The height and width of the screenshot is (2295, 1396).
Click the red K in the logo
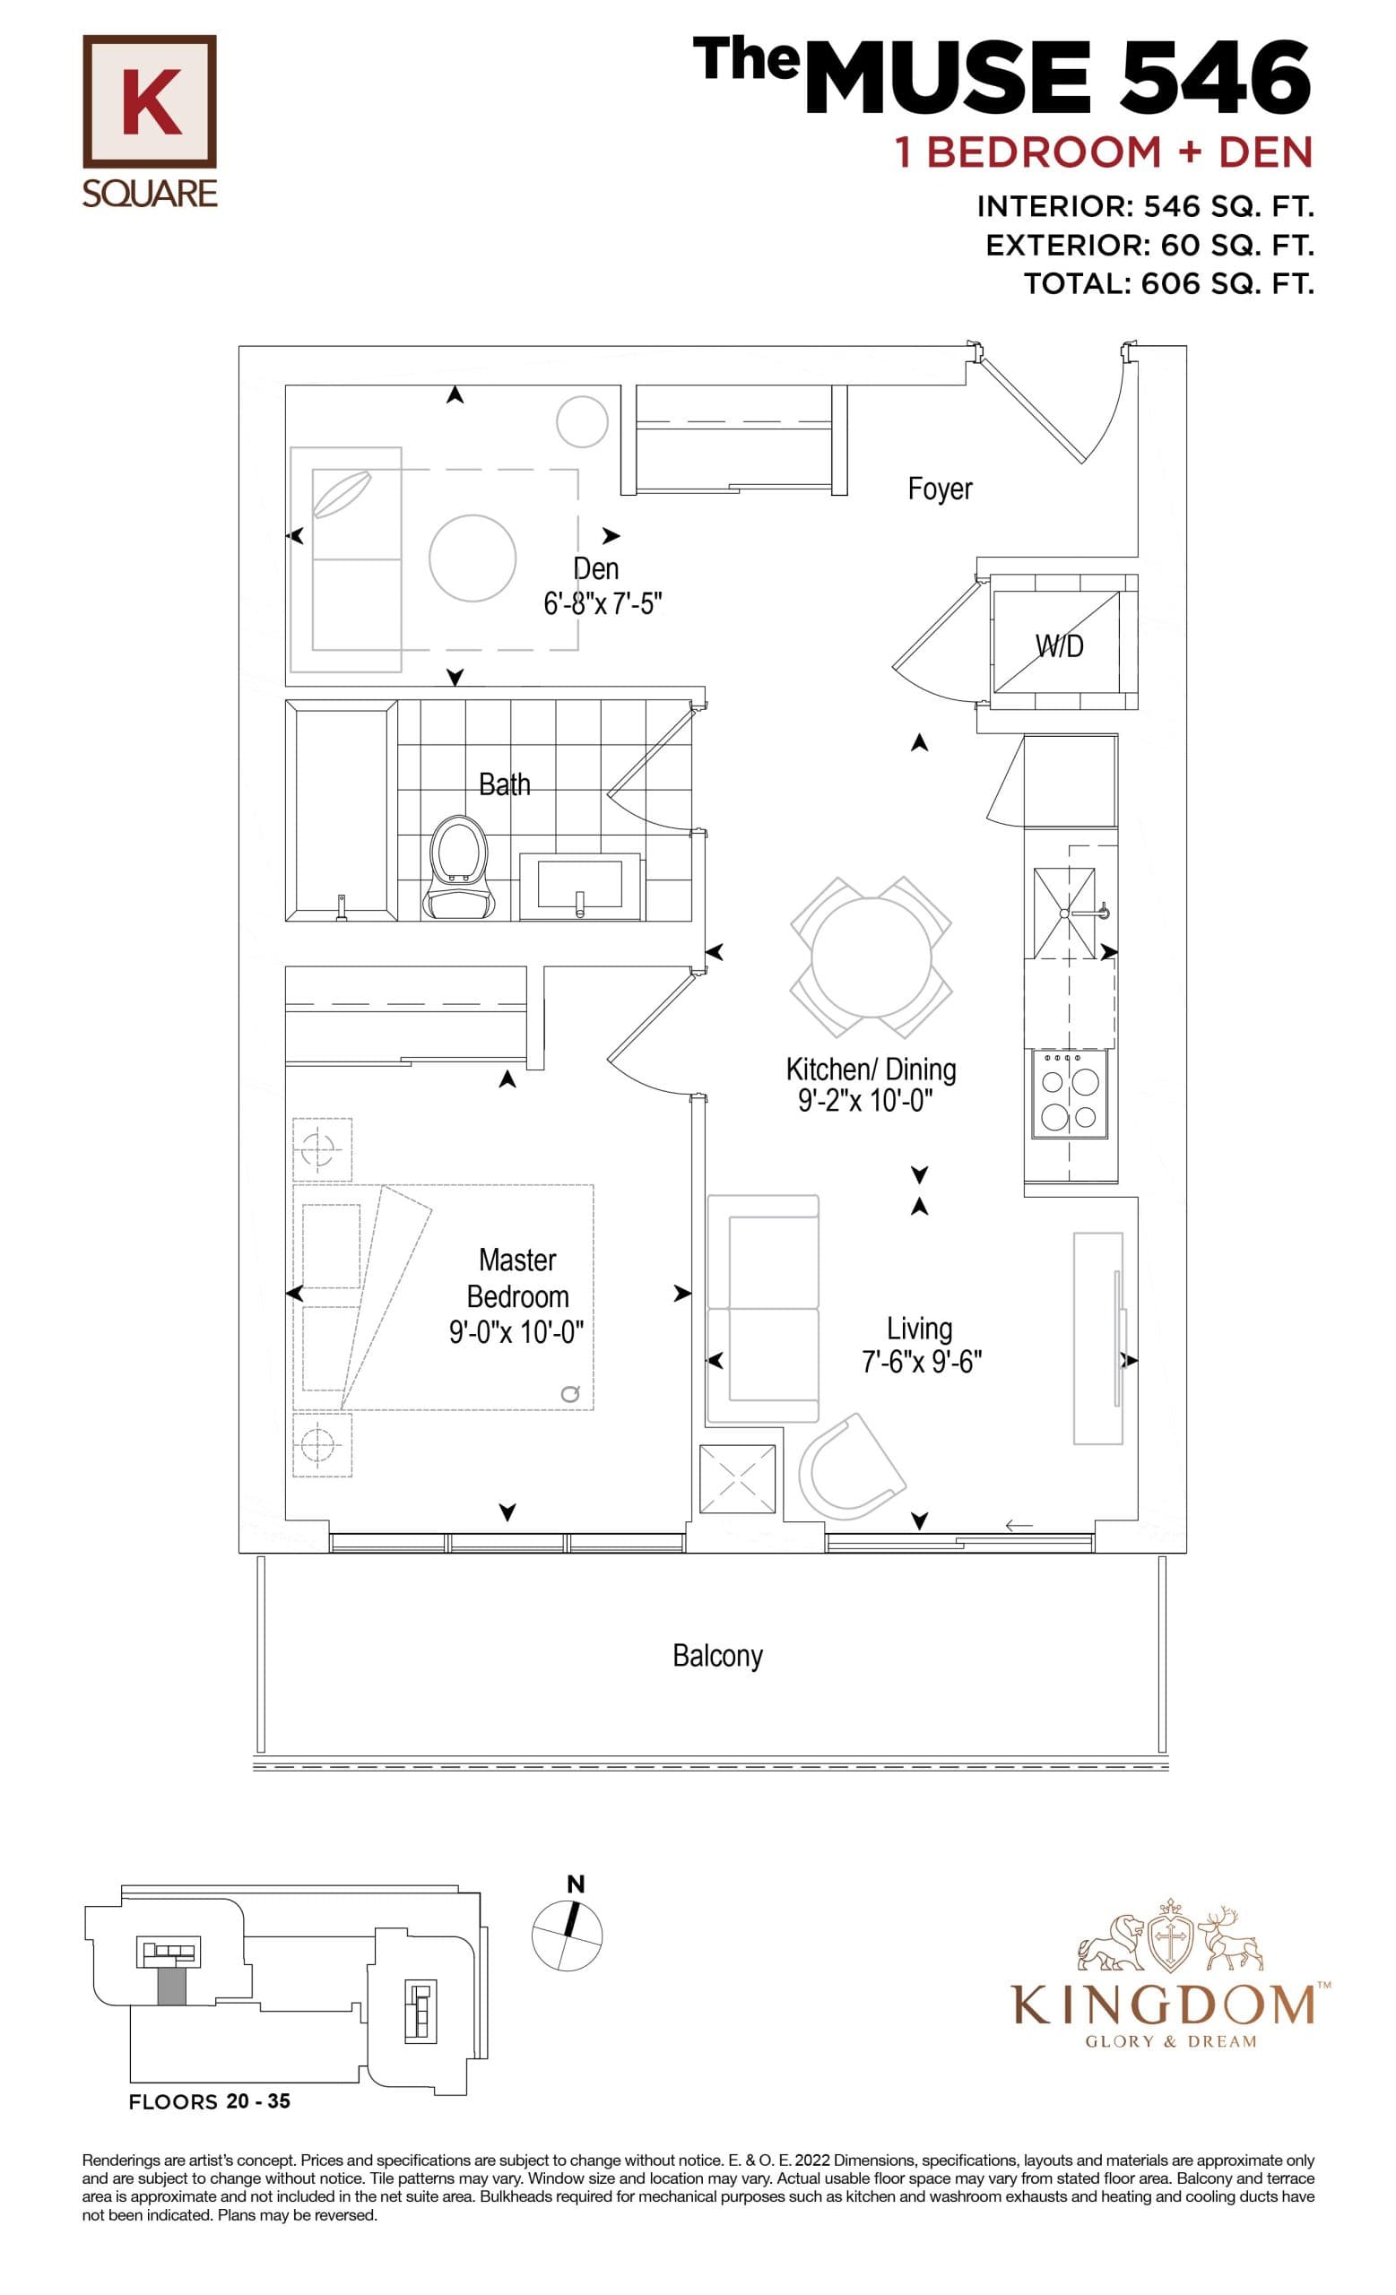(x=150, y=101)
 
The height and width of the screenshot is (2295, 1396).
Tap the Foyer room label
(x=939, y=488)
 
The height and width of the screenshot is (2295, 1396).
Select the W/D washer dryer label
(x=1059, y=645)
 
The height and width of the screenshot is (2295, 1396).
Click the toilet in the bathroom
(x=458, y=867)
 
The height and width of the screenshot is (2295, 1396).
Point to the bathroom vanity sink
(x=579, y=885)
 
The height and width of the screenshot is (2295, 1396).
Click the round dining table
(x=870, y=957)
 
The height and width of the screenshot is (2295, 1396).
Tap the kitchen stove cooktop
(x=1069, y=1096)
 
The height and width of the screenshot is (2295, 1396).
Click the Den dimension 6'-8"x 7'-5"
(x=603, y=603)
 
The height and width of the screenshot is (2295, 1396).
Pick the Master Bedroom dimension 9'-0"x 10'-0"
(x=516, y=1333)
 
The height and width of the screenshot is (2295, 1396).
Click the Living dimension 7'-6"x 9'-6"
(x=921, y=1362)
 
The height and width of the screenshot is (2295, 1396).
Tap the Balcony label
(x=717, y=1655)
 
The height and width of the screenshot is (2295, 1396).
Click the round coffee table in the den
(x=473, y=559)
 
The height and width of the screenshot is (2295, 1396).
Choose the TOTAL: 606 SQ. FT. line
(x=1169, y=283)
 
